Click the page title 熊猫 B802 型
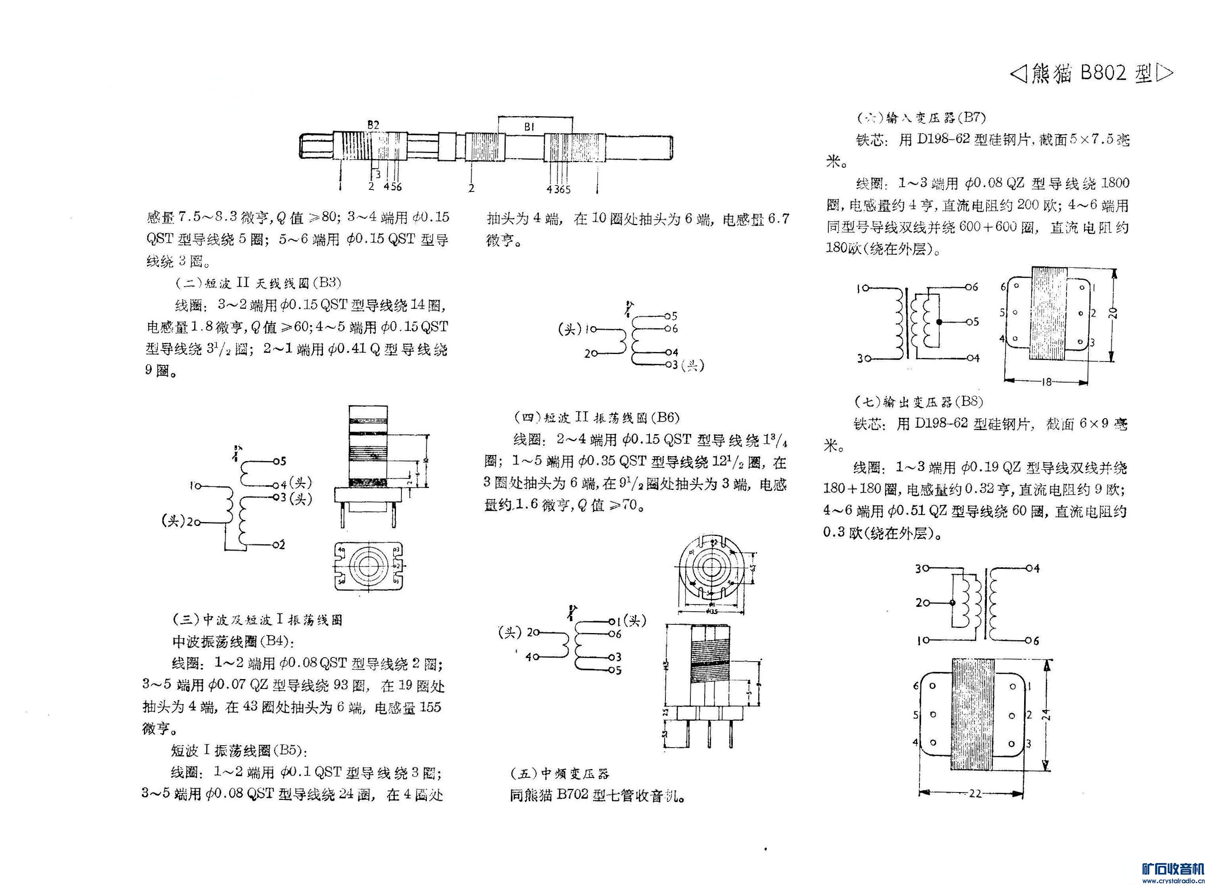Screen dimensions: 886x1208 (1091, 73)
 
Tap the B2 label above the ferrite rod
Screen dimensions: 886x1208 (373, 124)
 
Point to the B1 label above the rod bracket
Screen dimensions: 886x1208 (530, 127)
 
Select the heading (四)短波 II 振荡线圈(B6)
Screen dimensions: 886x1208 (596, 417)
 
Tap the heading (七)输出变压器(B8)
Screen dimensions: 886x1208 (918, 402)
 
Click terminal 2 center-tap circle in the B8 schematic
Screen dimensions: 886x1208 (952, 603)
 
